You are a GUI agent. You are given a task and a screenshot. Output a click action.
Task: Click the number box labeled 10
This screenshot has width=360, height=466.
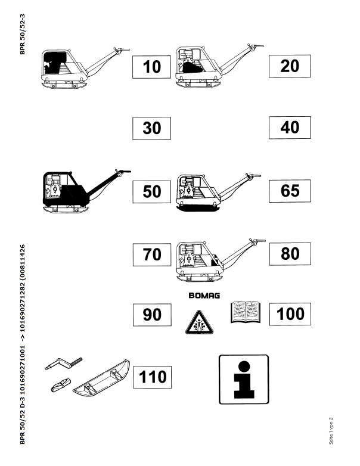pos(152,66)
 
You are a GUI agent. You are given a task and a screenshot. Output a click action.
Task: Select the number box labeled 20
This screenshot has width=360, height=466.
pos(289,65)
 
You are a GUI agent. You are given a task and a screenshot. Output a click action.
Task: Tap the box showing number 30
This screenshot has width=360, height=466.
pos(152,128)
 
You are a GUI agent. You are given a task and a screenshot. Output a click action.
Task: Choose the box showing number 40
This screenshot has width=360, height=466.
pos(289,127)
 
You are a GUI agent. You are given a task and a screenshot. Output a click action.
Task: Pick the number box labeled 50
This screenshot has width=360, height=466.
pos(152,191)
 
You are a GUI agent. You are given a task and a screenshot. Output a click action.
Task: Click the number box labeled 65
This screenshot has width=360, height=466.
pos(289,191)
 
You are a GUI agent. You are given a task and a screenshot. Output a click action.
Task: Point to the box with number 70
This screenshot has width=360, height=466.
pos(152,254)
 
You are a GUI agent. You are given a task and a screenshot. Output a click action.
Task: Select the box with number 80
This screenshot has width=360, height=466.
pos(289,254)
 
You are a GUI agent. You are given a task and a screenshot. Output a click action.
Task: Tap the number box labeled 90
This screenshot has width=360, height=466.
pos(152,314)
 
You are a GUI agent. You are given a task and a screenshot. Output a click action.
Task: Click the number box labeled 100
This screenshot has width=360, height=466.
pos(290,313)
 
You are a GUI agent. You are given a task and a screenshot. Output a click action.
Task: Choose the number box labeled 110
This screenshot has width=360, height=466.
pos(152,377)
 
